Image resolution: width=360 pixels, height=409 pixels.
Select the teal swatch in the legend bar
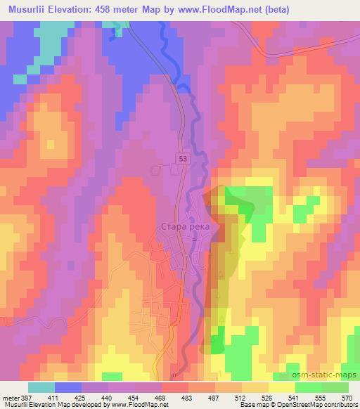pyautogui.click(x=41, y=387)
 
